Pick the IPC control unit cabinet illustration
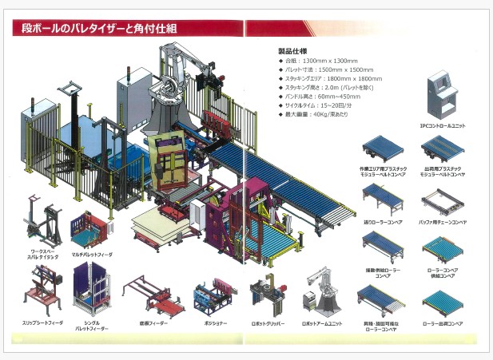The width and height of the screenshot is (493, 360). (x=439, y=95)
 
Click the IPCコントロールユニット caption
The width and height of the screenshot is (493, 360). (x=439, y=125)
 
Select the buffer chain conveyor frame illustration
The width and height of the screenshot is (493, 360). (x=440, y=196)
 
